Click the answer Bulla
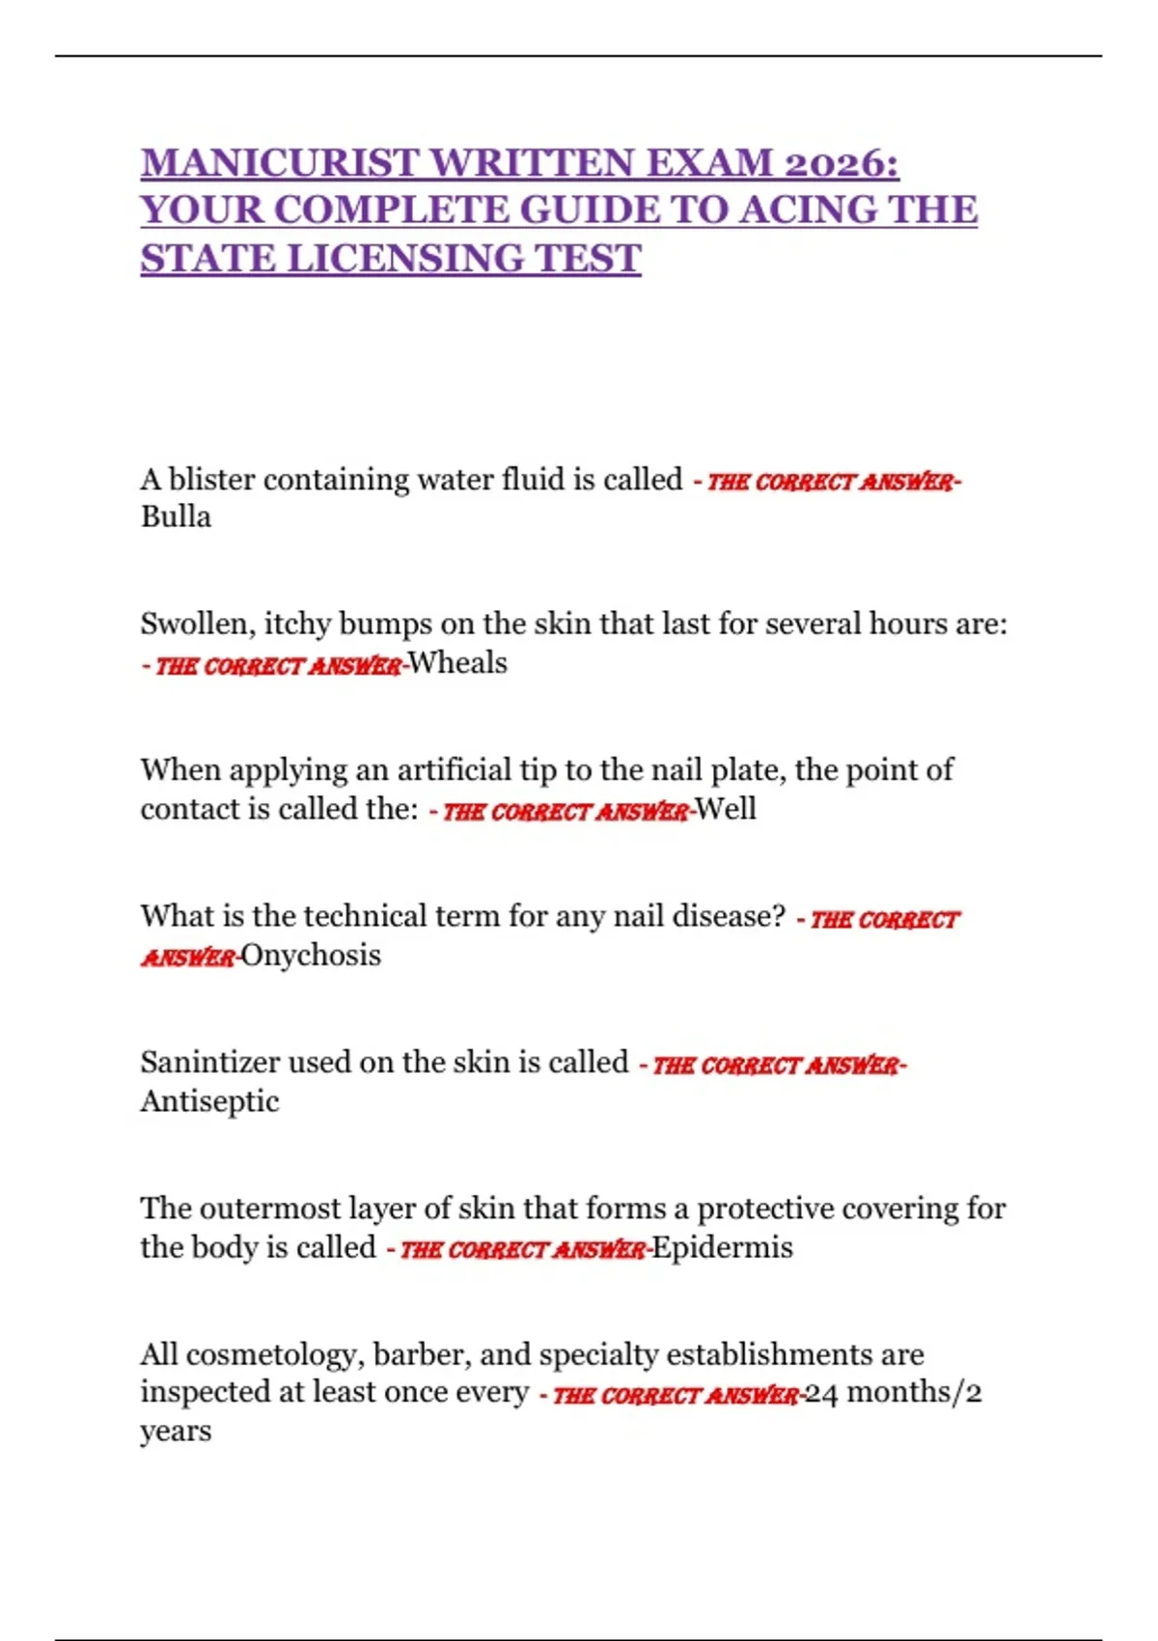[176, 516]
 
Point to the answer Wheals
[457, 663]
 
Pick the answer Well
[726, 809]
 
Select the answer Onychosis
[311, 956]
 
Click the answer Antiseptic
[209, 1101]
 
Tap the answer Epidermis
[723, 1247]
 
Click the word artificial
[455, 769]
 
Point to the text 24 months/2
[894, 1393]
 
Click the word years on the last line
[176, 1432]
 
